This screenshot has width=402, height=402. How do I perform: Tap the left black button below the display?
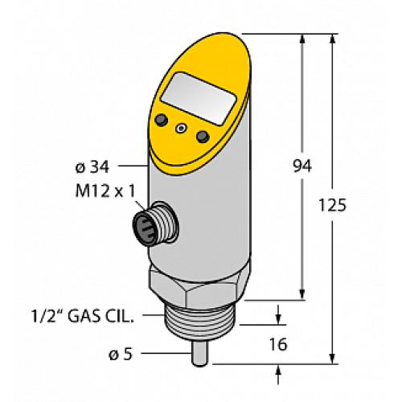(x=162, y=120)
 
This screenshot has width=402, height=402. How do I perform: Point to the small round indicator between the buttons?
(x=182, y=128)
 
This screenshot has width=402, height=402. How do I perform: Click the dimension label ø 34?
(x=88, y=167)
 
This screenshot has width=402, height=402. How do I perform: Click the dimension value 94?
(x=301, y=166)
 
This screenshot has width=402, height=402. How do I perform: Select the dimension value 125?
(x=332, y=206)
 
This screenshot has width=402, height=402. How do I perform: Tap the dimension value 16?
(x=278, y=345)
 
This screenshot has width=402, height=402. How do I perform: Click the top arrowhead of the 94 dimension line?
(x=303, y=39)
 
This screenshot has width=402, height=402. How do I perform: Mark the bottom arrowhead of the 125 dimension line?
(x=333, y=356)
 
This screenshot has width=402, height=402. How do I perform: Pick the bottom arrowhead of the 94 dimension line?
(x=303, y=295)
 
